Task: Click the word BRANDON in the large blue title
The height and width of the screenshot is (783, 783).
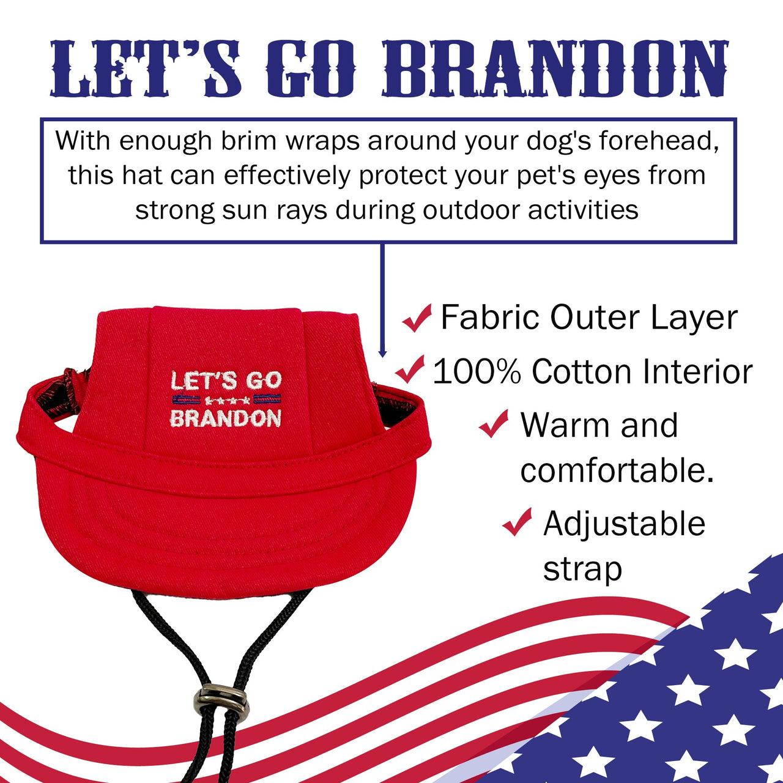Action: click(x=555, y=69)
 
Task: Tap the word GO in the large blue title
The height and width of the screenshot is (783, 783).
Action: click(x=310, y=69)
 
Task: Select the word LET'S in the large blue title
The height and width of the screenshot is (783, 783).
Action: click(x=146, y=69)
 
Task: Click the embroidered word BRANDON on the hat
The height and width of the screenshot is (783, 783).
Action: click(x=225, y=418)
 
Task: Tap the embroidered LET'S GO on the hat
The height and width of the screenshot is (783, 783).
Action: click(x=226, y=380)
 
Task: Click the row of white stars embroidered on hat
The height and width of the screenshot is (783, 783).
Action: click(x=226, y=401)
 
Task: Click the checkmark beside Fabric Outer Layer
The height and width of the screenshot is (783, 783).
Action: click(x=417, y=317)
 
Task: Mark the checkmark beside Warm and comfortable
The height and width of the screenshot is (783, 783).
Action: click(x=494, y=423)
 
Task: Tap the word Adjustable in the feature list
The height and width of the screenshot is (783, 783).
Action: click(x=624, y=524)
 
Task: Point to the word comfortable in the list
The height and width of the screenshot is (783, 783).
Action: click(x=617, y=470)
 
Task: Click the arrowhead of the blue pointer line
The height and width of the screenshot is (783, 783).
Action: click(x=382, y=353)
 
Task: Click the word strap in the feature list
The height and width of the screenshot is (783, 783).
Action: click(x=582, y=570)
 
